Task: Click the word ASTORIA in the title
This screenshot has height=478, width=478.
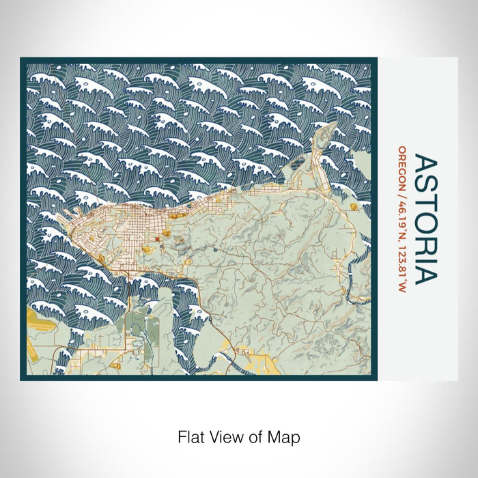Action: point(424,219)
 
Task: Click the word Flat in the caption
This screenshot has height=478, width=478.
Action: point(191,436)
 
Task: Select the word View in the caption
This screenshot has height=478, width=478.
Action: point(223,436)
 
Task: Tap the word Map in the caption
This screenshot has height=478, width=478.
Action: point(286,436)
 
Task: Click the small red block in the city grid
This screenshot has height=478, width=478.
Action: point(156,239)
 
